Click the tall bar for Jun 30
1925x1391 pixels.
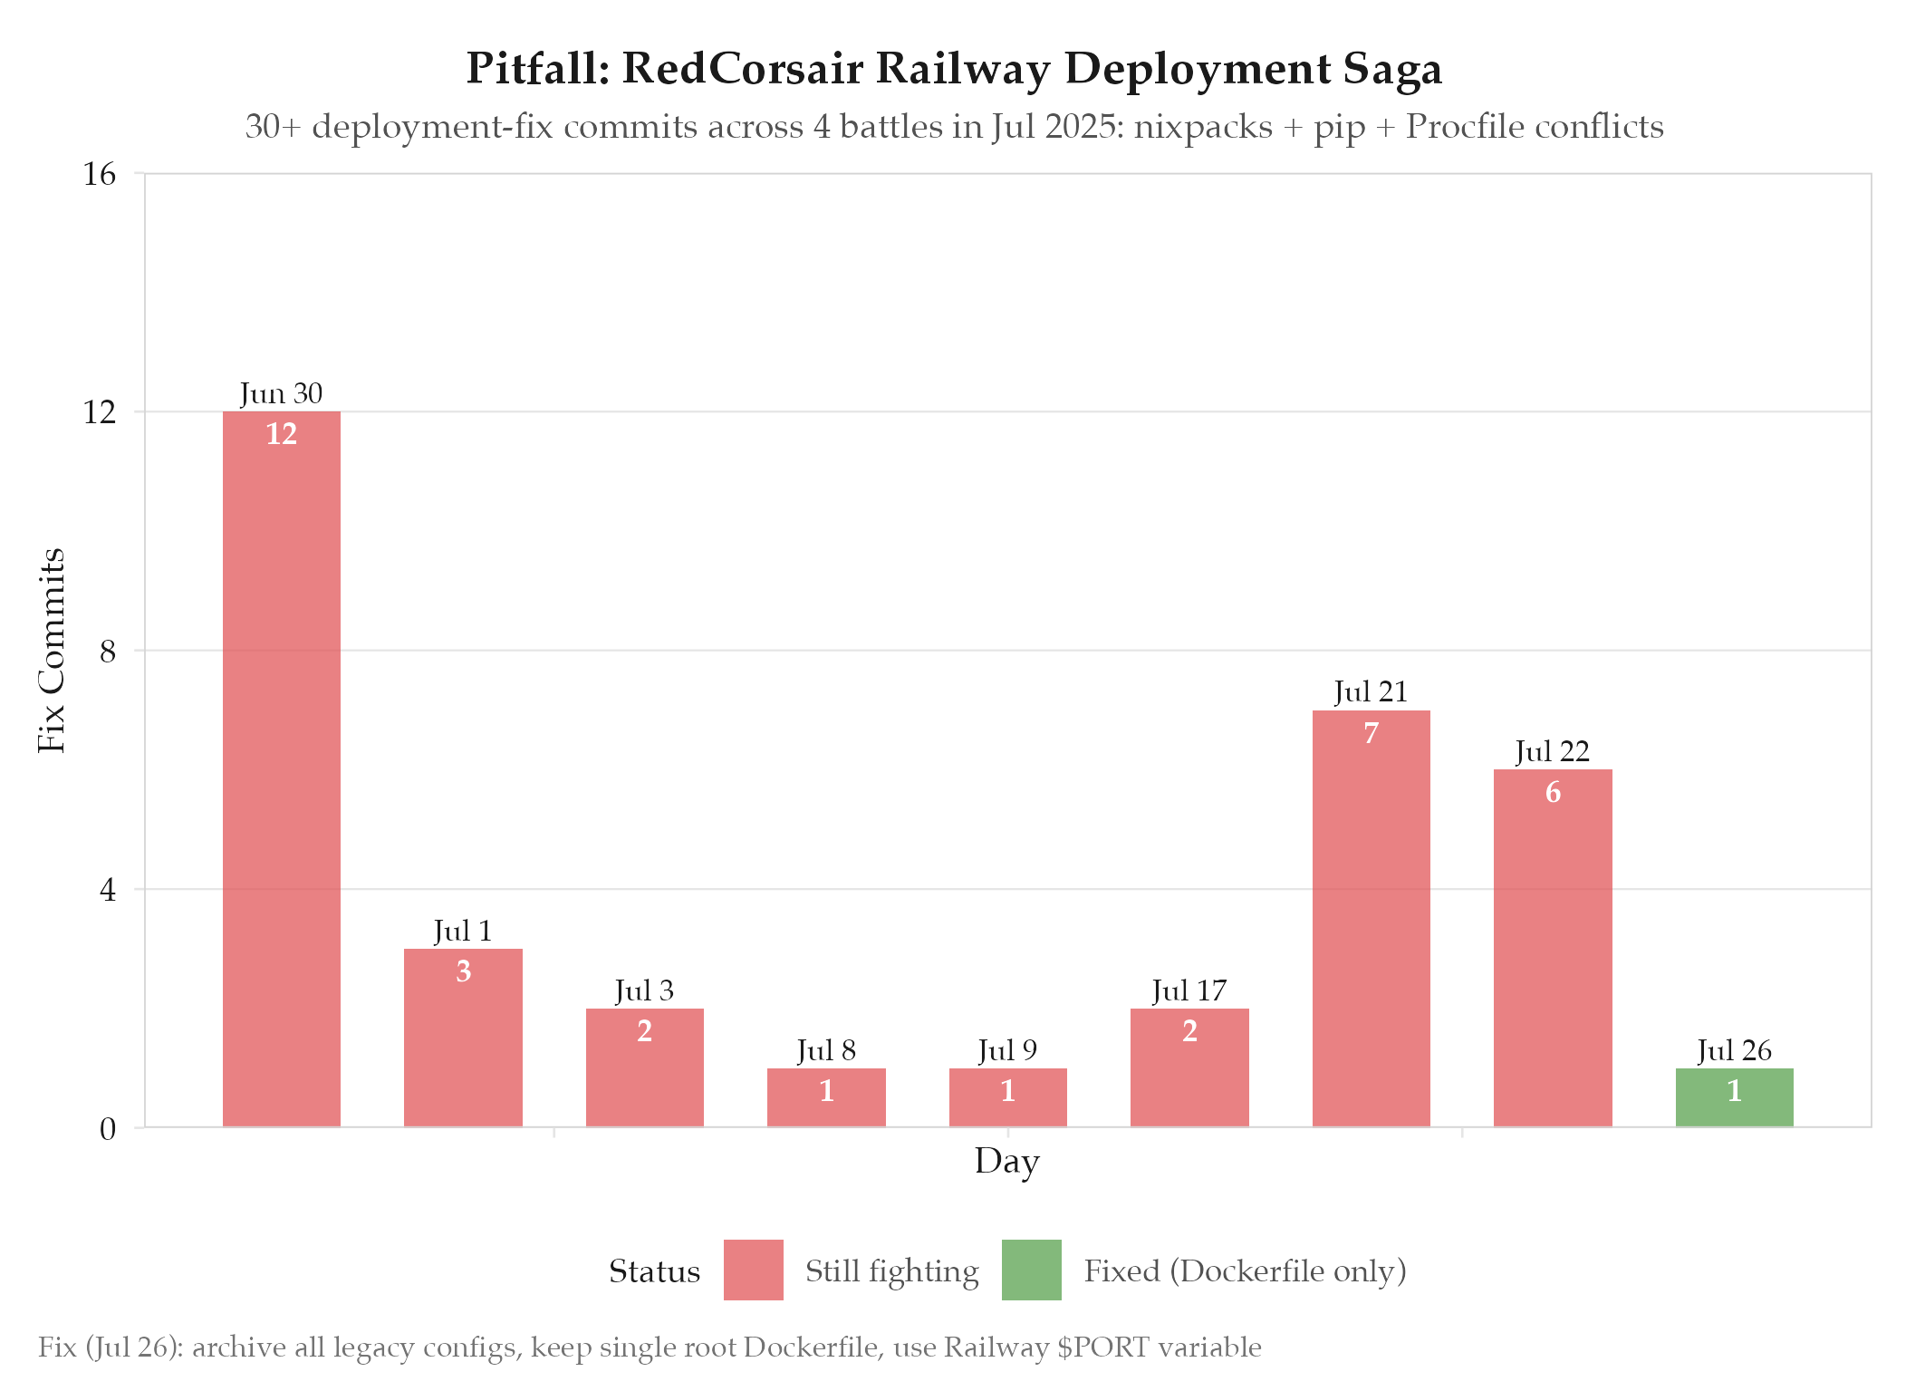(282, 770)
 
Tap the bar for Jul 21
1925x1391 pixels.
(1371, 920)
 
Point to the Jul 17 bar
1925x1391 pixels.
(1189, 1068)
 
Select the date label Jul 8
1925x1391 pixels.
(826, 1051)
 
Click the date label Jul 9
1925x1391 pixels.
(1007, 1051)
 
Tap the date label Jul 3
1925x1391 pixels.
(644, 991)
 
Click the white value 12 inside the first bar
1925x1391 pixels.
(282, 434)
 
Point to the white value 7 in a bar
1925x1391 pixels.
(1371, 733)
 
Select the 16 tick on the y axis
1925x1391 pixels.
(100, 174)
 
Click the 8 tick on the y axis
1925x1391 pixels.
(108, 652)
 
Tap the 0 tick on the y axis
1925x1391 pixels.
(108, 1129)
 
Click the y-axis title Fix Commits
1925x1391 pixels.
(52, 651)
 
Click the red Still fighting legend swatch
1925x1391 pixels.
(753, 1270)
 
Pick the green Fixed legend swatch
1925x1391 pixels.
(1031, 1270)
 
